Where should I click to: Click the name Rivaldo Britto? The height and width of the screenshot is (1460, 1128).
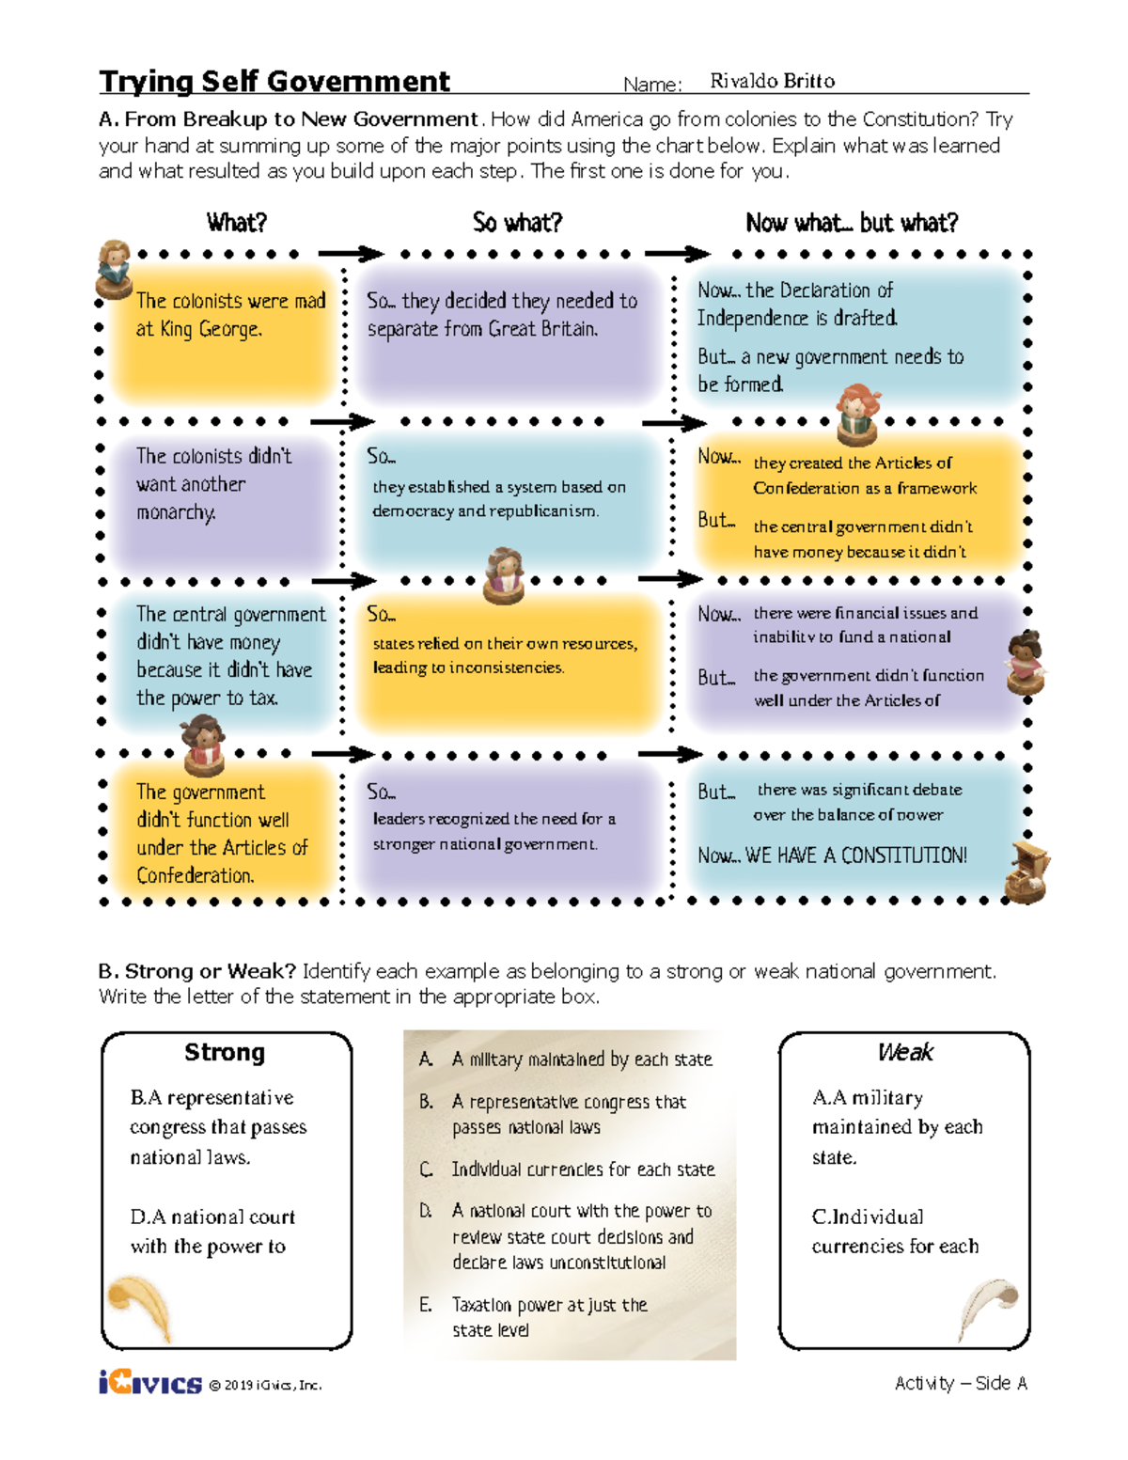(772, 81)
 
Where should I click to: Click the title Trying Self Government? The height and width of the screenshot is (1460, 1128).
(274, 82)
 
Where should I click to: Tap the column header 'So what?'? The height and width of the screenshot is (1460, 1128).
(517, 223)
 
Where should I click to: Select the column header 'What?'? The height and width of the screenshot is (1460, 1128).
(237, 223)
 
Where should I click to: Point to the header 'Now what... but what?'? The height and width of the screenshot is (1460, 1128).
(852, 223)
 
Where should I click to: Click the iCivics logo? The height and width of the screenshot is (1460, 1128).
(149, 1382)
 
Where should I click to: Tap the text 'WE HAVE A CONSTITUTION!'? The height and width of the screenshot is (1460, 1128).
(855, 856)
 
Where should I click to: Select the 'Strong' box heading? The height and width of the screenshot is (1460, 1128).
(225, 1052)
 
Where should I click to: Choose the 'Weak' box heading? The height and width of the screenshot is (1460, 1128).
(904, 1052)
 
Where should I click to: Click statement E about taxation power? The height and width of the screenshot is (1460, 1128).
(549, 1317)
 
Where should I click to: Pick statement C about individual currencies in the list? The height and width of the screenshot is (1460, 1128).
(582, 1170)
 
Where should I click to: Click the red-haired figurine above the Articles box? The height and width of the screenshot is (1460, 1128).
(856, 414)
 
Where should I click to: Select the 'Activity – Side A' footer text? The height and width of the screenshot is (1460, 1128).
(960, 1383)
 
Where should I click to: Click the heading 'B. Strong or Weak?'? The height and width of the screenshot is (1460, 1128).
(197, 971)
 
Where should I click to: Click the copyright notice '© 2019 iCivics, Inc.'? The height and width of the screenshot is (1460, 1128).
(265, 1385)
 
